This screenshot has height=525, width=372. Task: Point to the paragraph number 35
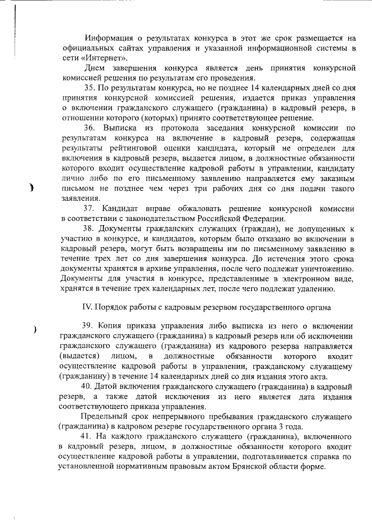pos(90,88)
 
